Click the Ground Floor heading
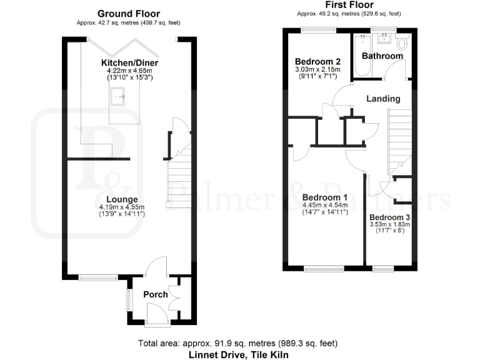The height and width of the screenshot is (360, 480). [x=129, y=13]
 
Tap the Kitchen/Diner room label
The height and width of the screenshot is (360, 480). [x=130, y=63]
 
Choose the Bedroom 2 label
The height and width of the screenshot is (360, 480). [x=317, y=61]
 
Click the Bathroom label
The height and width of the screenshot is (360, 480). [x=382, y=56]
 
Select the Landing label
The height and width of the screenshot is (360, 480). [x=383, y=99]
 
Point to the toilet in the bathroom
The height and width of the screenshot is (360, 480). [x=402, y=42]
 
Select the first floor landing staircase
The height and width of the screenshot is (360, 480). [x=400, y=141]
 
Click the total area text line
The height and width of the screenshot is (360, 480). [x=237, y=343]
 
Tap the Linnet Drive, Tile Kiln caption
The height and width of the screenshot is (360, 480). [x=237, y=354]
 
